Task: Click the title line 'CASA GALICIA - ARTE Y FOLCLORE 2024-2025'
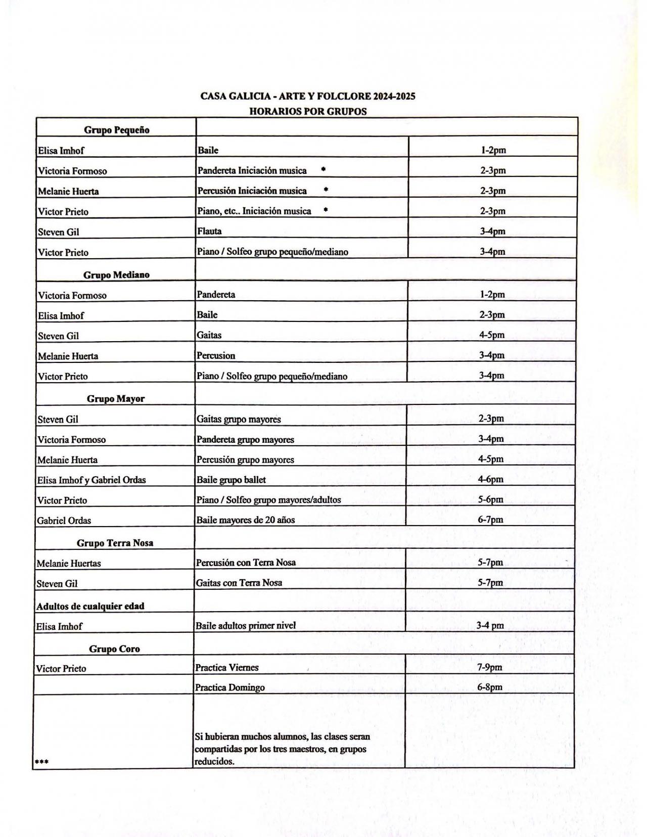(x=307, y=96)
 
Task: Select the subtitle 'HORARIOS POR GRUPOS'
(x=307, y=111)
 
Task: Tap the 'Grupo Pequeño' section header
(x=116, y=130)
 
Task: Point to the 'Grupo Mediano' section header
(x=116, y=275)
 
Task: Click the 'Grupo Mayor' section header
(x=116, y=399)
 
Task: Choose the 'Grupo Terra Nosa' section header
(x=115, y=543)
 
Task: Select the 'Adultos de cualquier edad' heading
(x=90, y=606)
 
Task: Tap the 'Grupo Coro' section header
(x=114, y=649)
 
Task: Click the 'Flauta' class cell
(x=209, y=231)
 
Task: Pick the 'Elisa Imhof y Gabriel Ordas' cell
(x=91, y=480)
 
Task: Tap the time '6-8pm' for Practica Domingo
(x=489, y=687)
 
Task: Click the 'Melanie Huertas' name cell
(x=69, y=563)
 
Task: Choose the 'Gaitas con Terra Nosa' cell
(x=239, y=583)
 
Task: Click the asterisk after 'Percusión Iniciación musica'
(x=326, y=190)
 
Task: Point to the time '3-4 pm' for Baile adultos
(x=490, y=626)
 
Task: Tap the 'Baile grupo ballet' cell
(x=231, y=480)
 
